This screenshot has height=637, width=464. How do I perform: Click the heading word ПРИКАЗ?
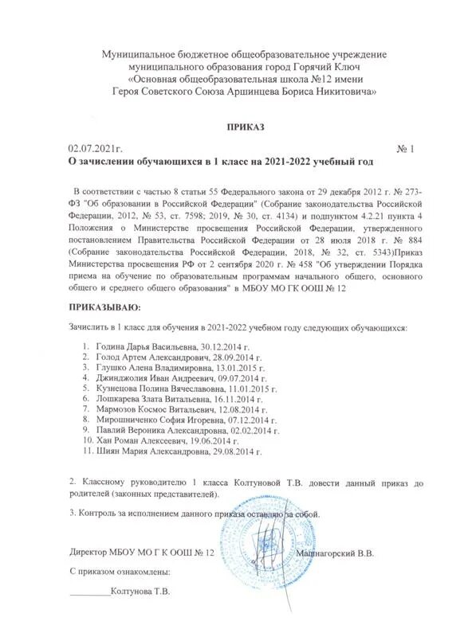pyautogui.click(x=245, y=127)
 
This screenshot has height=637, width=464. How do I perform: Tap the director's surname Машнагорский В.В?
pyautogui.click(x=336, y=552)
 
